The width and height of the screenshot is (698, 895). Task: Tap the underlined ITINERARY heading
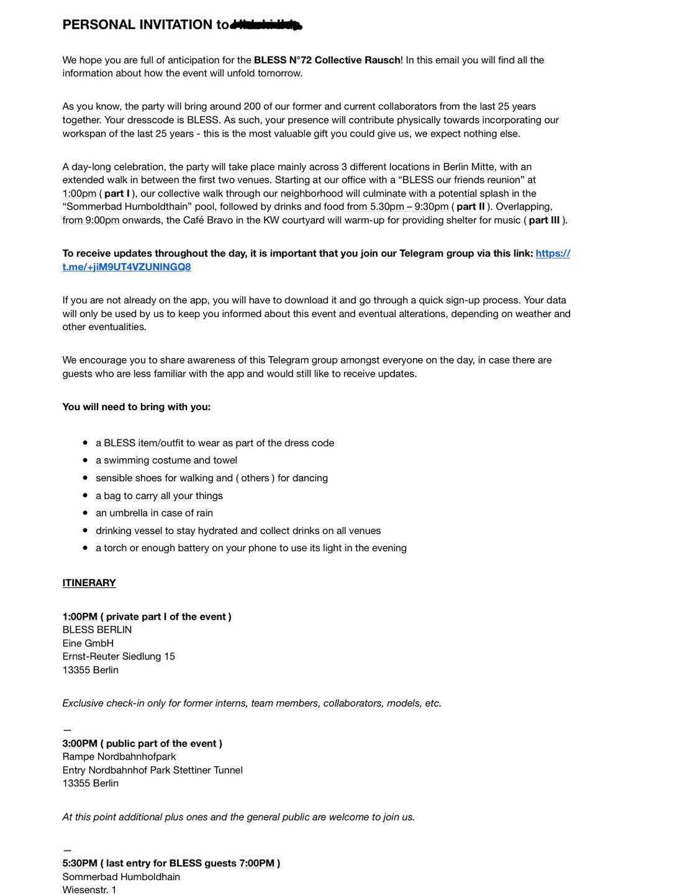89,583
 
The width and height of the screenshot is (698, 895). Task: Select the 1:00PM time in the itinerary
79,617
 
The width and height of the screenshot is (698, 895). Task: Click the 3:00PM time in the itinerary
79,743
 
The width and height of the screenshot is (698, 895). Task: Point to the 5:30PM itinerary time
79,863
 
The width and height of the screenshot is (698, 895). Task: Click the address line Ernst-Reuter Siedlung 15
119,656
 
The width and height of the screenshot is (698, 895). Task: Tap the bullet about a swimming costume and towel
166,461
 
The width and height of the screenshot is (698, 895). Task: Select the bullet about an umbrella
154,513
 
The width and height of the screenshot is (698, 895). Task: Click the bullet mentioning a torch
251,548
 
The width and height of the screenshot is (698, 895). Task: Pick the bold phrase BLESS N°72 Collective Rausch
327,60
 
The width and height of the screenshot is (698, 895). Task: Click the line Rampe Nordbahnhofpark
119,757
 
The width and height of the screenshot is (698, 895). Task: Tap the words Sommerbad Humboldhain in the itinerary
121,877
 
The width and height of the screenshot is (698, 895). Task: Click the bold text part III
544,220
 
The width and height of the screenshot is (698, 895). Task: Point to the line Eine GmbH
88,643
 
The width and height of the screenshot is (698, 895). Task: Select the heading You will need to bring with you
136,407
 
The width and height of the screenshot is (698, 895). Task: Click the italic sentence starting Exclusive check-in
252,704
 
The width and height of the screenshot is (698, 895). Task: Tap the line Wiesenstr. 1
89,890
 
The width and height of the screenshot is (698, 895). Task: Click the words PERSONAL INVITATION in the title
137,25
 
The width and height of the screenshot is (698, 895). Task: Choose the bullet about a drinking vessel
238,531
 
